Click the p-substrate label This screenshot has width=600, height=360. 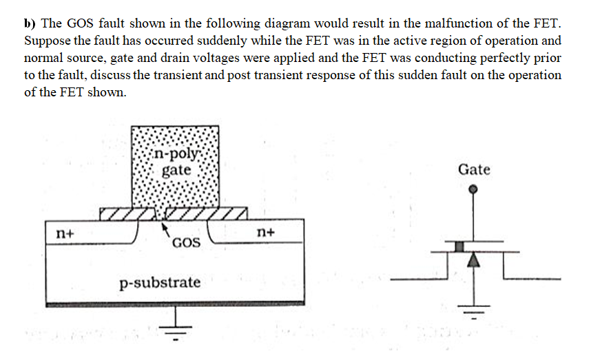(x=160, y=282)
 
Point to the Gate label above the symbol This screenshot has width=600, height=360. (x=474, y=169)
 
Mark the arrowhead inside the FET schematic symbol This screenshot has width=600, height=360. (x=473, y=260)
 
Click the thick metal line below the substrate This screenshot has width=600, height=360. (x=175, y=303)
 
